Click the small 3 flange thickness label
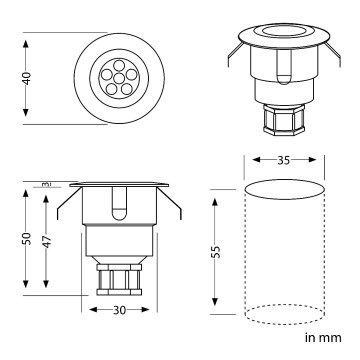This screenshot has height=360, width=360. tap(47, 184)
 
